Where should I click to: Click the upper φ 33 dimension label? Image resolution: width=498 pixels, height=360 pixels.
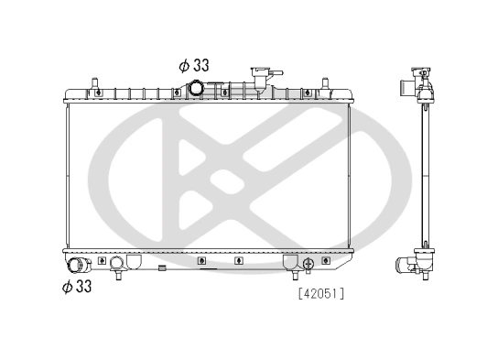pyautogui.click(x=194, y=65)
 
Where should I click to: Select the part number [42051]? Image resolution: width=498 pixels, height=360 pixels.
pyautogui.click(x=319, y=294)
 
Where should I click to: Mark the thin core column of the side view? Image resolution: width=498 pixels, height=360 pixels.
pyautogui.click(x=425, y=174)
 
